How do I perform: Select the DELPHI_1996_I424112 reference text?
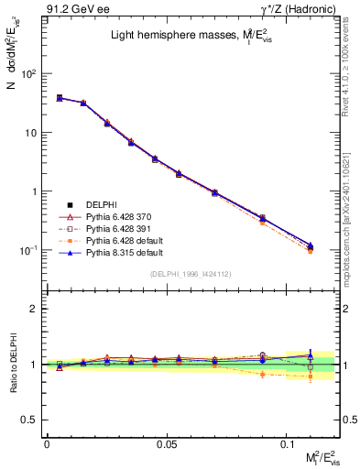point(191,273)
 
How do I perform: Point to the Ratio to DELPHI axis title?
point(12,364)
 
